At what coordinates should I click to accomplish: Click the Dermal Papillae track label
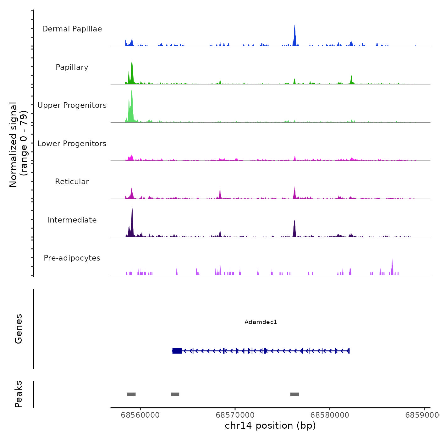[72, 29]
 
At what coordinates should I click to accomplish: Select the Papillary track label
[72, 67]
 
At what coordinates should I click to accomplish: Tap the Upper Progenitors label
[72, 105]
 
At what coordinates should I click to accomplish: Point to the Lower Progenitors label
[72, 144]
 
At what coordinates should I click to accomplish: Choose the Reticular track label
[72, 182]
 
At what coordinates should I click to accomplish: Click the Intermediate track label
[72, 220]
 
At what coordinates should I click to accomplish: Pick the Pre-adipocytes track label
[72, 258]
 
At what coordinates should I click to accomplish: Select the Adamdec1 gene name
[261, 322]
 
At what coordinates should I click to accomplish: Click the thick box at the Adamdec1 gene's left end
[177, 351]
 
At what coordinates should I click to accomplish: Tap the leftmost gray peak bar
[131, 394]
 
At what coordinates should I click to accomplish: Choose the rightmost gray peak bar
[294, 394]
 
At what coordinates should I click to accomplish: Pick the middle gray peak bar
[175, 394]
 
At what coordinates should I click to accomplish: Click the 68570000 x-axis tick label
[235, 415]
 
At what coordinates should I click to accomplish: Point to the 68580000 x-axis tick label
[330, 415]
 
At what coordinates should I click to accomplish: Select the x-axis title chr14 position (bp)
[270, 426]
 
